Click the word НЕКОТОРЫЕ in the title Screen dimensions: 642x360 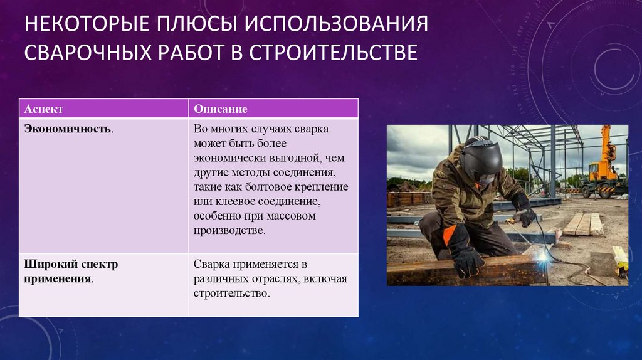click(x=87, y=23)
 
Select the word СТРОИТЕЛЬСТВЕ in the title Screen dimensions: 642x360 click(x=334, y=52)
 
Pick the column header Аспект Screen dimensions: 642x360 click(x=44, y=109)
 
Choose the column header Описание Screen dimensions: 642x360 click(x=221, y=109)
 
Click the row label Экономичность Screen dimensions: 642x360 click(x=69, y=129)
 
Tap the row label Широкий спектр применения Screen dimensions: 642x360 click(x=71, y=271)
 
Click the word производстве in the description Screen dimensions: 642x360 click(x=229, y=231)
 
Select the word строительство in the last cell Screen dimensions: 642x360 click(x=232, y=294)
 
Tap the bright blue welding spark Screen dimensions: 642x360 click(x=544, y=257)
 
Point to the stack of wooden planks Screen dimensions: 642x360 click(x=584, y=225)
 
